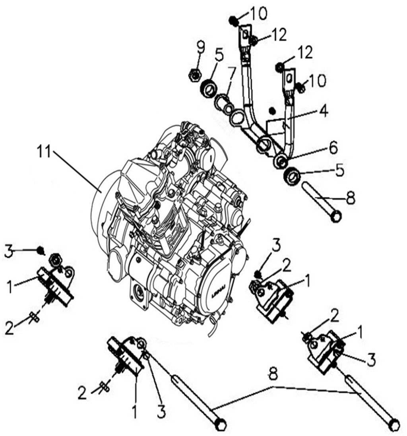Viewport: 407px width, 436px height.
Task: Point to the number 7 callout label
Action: pos(232,74)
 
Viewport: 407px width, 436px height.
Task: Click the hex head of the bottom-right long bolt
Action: pos(394,424)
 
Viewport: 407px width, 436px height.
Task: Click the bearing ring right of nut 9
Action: pos(209,87)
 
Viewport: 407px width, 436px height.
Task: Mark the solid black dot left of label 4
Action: pos(272,110)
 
